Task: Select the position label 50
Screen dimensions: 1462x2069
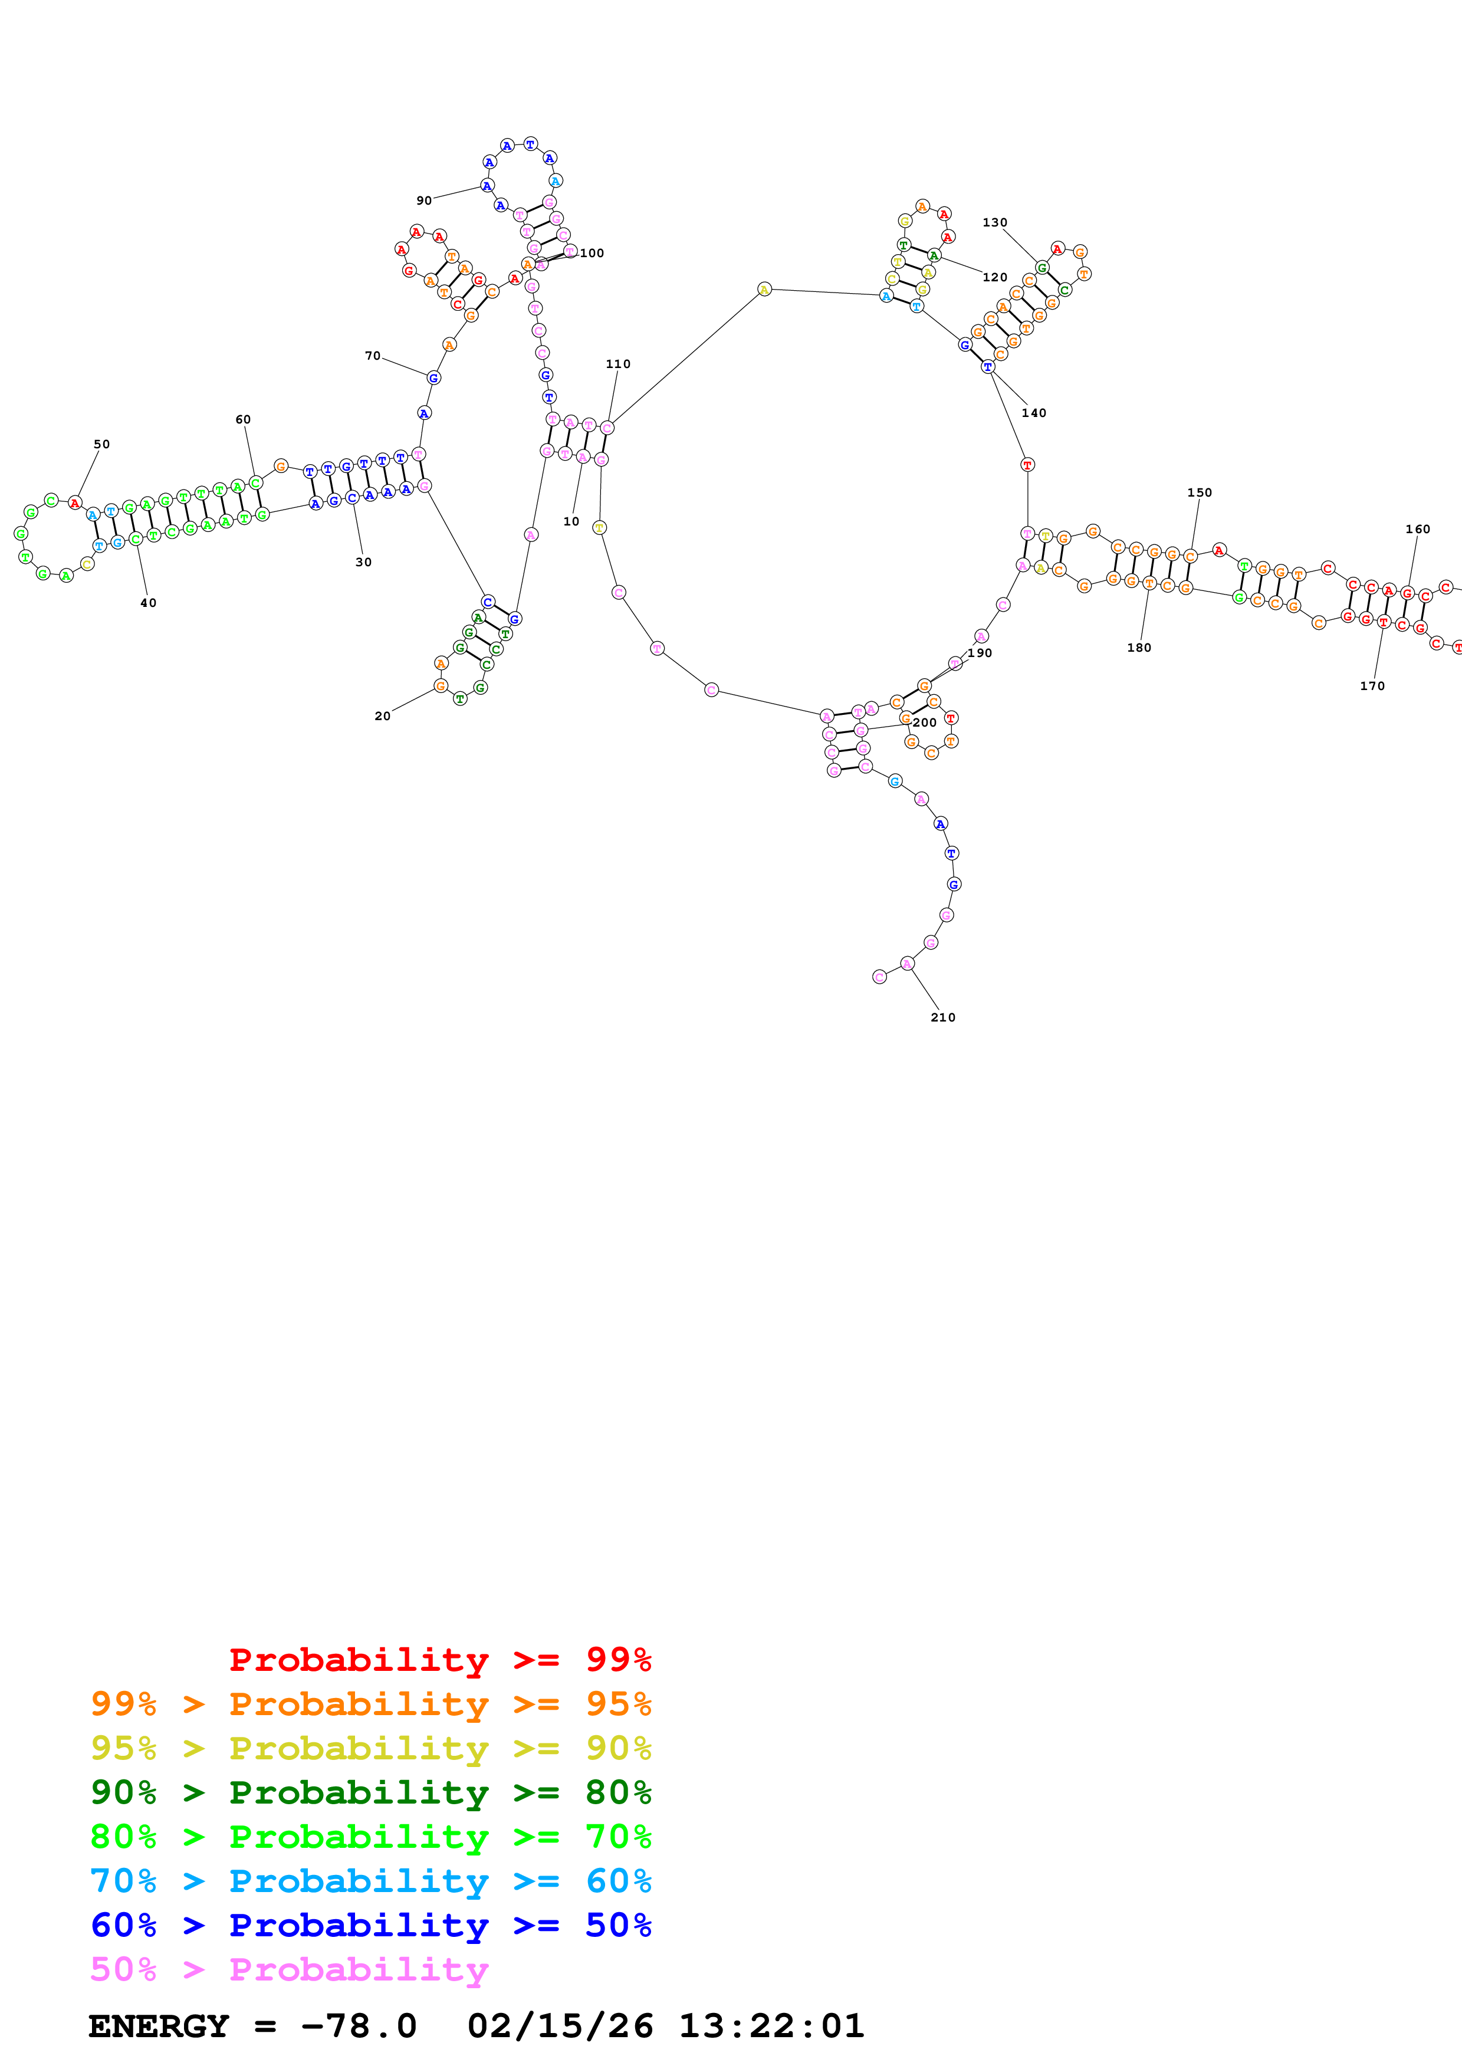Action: (x=102, y=444)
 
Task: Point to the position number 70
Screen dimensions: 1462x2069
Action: (x=373, y=356)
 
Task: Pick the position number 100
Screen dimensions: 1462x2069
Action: (x=592, y=253)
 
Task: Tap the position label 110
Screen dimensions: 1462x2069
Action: (x=618, y=364)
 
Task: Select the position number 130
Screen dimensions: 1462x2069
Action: (x=994, y=222)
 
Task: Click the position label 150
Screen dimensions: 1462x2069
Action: (x=1199, y=493)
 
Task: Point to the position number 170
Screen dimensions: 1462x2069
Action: (x=1372, y=686)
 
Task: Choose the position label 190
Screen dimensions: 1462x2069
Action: (x=980, y=653)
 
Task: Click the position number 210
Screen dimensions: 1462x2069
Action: (x=943, y=1017)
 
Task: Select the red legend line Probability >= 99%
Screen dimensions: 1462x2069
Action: (x=439, y=1660)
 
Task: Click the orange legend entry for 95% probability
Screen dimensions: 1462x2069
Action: (x=370, y=1704)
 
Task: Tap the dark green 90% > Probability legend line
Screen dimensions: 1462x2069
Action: (x=370, y=1792)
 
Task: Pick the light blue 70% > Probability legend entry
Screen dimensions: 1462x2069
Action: (x=370, y=1881)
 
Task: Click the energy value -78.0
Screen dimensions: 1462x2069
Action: (x=359, y=2026)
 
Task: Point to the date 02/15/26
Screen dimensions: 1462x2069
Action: (x=560, y=2026)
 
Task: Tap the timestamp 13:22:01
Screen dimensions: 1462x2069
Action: (x=771, y=2026)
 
